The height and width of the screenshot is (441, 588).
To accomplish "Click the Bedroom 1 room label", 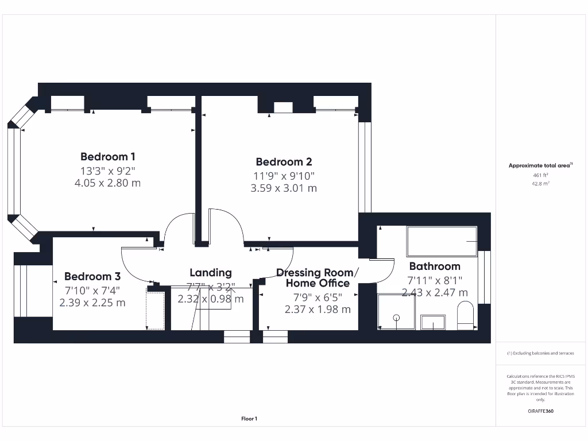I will click(108, 157).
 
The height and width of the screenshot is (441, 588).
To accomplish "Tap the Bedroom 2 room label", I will click(284, 162).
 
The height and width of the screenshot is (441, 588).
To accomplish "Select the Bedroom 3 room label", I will click(92, 276).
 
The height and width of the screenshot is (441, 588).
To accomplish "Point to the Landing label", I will click(211, 273).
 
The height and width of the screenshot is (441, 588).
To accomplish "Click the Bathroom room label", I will click(435, 266).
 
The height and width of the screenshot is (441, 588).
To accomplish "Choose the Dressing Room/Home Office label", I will click(318, 278).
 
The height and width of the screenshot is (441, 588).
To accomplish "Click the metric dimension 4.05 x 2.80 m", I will click(108, 183).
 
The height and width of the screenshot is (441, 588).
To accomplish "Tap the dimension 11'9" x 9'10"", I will click(284, 176).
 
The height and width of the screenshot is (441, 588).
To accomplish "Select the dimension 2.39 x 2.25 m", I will click(92, 303).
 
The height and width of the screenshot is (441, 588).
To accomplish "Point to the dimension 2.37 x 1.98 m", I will click(318, 309).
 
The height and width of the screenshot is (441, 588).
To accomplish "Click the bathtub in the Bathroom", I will click(442, 241).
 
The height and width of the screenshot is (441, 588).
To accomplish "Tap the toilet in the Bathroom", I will click(464, 317).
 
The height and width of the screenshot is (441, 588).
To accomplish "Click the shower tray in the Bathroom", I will click(396, 312).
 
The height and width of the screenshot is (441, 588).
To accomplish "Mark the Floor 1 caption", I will click(249, 419).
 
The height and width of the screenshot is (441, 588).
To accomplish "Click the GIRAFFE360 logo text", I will click(540, 411).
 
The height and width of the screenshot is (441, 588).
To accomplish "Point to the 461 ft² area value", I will click(540, 175).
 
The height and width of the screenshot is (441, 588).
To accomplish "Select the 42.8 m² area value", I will click(540, 184).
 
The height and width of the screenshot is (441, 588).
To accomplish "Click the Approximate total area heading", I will click(540, 165).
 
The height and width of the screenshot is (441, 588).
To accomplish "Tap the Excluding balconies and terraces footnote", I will click(540, 353).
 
